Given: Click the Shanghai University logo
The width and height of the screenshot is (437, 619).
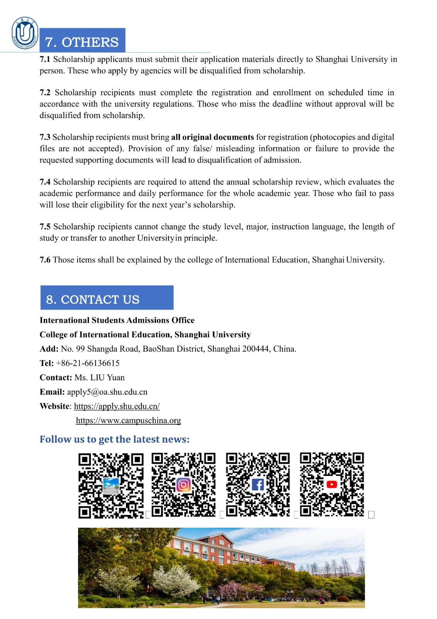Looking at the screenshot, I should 25,33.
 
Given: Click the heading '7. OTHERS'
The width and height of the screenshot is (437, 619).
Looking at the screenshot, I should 82,42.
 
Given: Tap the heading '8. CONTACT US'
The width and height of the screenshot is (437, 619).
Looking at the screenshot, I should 93,299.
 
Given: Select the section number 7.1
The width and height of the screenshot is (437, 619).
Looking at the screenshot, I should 45,59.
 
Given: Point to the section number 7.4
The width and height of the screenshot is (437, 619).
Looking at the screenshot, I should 45,182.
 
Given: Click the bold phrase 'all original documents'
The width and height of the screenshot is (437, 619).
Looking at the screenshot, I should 213,137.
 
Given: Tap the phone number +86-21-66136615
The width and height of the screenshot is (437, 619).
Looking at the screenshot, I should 88,363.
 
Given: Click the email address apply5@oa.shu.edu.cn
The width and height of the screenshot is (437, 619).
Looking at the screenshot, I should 107,392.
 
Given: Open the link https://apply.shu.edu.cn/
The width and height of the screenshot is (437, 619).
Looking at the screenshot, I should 117,406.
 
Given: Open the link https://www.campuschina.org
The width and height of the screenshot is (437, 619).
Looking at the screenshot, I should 128,421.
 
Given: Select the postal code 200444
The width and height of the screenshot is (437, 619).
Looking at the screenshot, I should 255,349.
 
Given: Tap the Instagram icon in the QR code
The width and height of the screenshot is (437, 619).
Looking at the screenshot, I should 184,485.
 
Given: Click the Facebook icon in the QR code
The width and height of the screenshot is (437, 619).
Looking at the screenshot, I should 258,484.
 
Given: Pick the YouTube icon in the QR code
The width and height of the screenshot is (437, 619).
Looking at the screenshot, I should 332,484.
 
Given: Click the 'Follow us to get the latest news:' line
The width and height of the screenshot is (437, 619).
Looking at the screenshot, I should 114,439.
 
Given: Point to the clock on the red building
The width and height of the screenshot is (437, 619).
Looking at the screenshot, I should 221,542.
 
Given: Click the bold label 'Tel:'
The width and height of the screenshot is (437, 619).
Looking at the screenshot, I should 46,363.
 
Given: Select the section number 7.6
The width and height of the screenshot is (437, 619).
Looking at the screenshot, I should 45,260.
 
